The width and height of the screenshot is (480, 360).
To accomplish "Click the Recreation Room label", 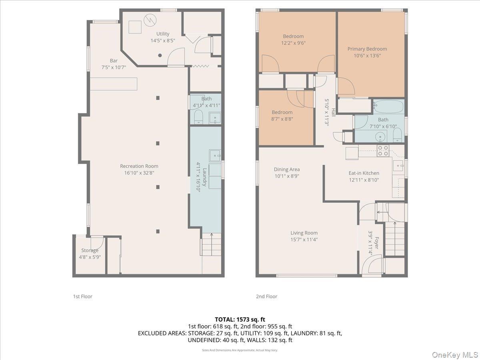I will (139, 166).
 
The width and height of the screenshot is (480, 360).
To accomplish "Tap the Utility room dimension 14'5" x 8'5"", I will (163, 40).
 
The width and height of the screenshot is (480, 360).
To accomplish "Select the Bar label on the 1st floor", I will (114, 61).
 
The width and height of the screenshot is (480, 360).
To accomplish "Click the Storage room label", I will (90, 250).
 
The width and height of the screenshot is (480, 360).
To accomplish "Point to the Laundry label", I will (204, 177).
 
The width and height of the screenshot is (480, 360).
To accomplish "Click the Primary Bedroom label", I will (367, 49).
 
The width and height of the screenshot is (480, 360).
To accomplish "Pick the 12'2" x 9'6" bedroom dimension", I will (293, 43).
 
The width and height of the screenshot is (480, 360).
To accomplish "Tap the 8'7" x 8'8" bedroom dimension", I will (282, 119).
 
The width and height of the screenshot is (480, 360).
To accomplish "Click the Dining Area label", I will (287, 170).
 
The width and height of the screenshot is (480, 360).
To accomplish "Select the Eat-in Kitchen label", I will (364, 173).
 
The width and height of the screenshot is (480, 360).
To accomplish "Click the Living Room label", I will (304, 233).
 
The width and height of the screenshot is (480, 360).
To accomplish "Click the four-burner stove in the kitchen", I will (383, 151).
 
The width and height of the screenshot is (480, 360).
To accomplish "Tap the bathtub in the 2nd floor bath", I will (388, 107).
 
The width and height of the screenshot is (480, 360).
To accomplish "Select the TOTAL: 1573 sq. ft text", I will (240, 319).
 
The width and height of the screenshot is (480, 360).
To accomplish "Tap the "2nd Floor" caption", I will (266, 296).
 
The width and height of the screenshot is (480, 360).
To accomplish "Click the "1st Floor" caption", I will (82, 296).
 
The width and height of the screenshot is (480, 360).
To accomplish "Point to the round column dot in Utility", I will (160, 56).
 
